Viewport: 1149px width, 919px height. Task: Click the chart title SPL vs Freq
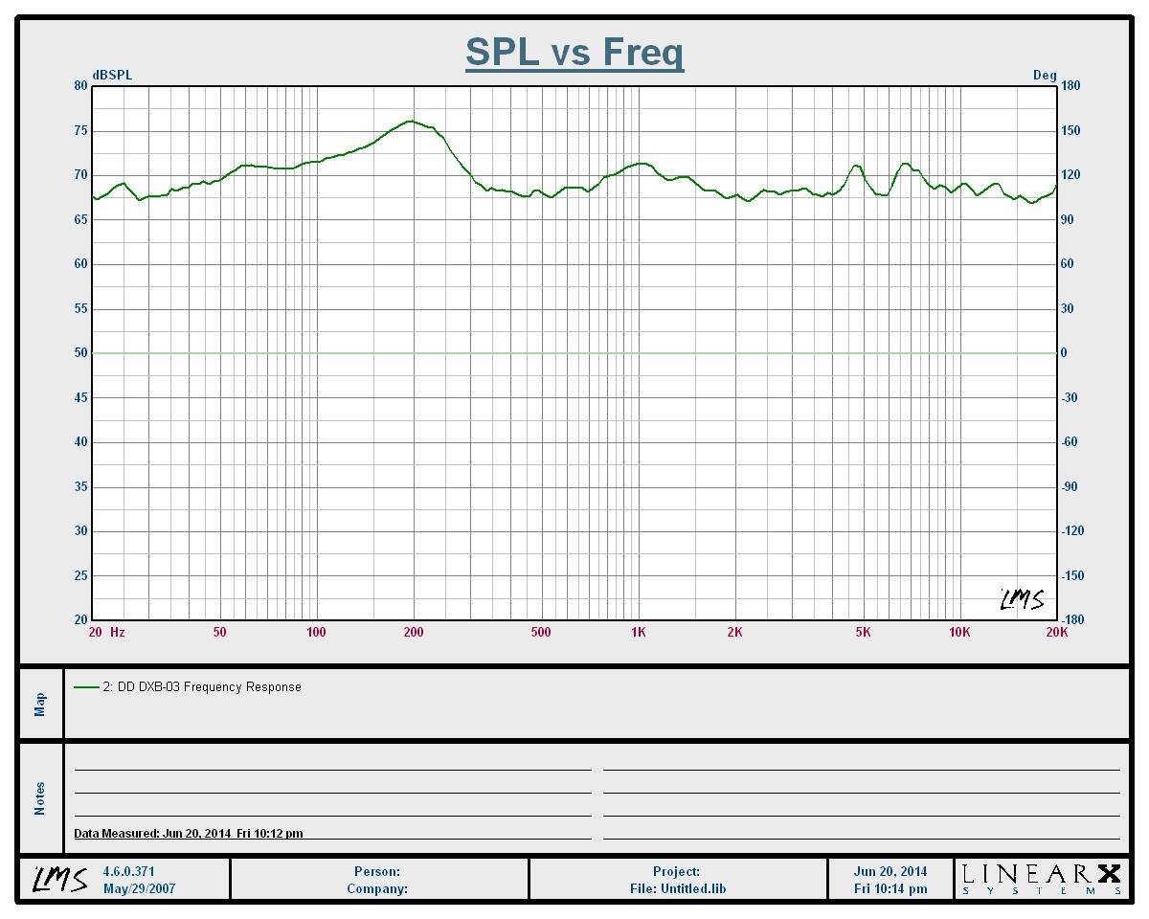coord(574,52)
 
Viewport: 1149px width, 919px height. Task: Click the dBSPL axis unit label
coord(112,76)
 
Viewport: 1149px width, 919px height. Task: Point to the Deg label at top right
coord(1045,76)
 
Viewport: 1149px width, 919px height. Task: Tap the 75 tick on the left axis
coord(81,130)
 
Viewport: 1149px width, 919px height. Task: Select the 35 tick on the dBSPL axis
coord(81,486)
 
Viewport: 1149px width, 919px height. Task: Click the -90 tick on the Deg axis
coord(1070,486)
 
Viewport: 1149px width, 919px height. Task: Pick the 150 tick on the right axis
coord(1070,130)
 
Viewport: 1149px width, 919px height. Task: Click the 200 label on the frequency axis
coord(414,632)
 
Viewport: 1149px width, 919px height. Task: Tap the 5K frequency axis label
coord(863,632)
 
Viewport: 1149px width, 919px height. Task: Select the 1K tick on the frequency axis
coord(639,632)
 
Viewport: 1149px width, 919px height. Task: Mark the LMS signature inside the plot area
coord(1022,600)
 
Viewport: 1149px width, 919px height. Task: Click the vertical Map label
coord(40,704)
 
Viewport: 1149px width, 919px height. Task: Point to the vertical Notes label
coord(40,798)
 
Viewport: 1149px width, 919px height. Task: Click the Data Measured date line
coord(189,833)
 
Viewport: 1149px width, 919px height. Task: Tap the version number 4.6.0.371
coord(128,871)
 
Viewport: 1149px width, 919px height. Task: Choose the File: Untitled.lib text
coord(677,888)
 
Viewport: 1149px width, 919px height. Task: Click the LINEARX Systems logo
coord(1041,879)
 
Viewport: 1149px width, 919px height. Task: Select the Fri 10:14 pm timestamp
coord(890,888)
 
